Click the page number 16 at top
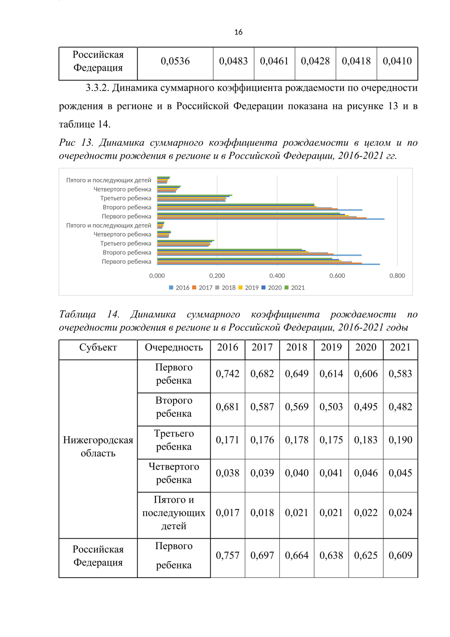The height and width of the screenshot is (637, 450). tap(238, 32)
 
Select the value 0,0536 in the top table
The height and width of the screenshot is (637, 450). tap(175, 61)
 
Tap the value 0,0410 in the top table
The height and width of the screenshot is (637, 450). tap(397, 61)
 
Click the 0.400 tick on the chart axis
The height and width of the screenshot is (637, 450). tap(277, 276)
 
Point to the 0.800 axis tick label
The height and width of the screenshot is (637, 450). tap(397, 276)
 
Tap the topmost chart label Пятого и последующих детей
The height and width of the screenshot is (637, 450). tap(109, 181)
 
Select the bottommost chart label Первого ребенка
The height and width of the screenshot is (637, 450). tap(126, 262)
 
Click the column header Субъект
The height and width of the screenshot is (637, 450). tap(98, 348)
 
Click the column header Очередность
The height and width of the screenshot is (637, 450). tap(174, 348)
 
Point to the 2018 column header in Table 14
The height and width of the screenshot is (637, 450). tap(297, 348)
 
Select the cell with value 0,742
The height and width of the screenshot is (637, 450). tap(228, 374)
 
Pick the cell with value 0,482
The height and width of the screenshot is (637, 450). tap(400, 407)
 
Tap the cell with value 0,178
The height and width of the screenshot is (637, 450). tap(297, 440)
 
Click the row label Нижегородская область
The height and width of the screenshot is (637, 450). tap(98, 447)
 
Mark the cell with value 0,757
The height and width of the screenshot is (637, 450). tap(228, 556)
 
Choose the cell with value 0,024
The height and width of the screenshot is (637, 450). tap(400, 513)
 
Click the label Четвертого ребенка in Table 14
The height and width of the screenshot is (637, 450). tap(174, 473)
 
